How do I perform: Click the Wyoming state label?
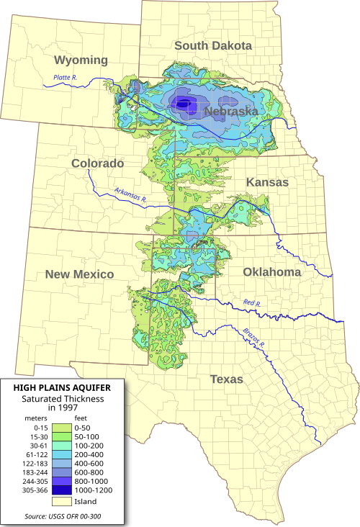pos(81,60)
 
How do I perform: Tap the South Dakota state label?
pos(213,45)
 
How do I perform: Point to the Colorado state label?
pos(97,163)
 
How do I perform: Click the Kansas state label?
pos(267,182)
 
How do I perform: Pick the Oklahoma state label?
pos(271,271)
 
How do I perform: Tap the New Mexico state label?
pos(79,274)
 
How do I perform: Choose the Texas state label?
pos(226,379)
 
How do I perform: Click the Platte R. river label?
pos(66,78)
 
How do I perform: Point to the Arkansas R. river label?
pos(130,194)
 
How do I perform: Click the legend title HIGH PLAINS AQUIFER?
pos(63,387)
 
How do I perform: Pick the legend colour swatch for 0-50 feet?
pos(62,428)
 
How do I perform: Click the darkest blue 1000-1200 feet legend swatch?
pos(62,490)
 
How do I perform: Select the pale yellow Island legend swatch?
pos(62,501)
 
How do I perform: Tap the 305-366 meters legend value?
pos(35,491)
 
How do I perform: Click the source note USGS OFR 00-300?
pos(63,516)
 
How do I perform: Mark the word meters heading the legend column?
pos(37,418)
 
